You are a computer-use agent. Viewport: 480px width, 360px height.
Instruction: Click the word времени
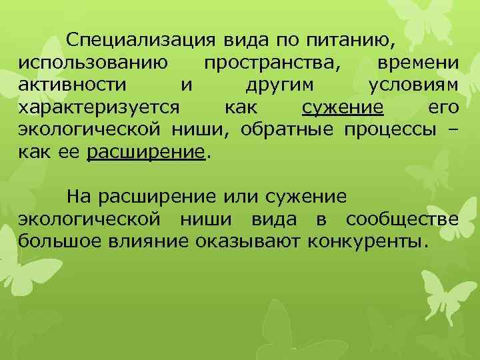[x=417, y=63]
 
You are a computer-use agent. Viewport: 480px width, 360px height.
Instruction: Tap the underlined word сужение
[x=343, y=107]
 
